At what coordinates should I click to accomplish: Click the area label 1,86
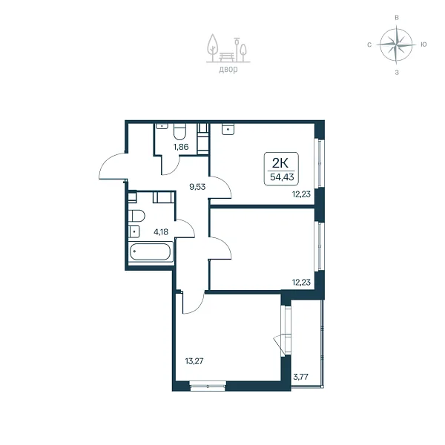(x=181, y=147)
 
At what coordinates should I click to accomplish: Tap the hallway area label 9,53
(x=197, y=187)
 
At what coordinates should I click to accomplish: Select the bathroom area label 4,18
(x=161, y=232)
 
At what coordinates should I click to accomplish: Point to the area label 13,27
(x=194, y=361)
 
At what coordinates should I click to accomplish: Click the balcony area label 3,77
(x=300, y=378)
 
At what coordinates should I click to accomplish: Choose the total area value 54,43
(x=282, y=177)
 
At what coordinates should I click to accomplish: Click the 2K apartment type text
(x=280, y=163)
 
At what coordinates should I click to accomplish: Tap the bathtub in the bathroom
(x=151, y=251)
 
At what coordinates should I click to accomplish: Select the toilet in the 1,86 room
(x=179, y=131)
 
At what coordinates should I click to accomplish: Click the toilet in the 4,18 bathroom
(x=136, y=216)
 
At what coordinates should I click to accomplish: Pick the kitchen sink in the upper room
(x=228, y=128)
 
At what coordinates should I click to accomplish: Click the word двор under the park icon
(x=228, y=69)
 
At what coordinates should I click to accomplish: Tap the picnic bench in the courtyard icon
(x=227, y=57)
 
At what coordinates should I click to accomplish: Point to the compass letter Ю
(x=423, y=44)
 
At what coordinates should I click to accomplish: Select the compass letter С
(x=369, y=44)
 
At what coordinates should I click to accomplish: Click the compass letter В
(x=397, y=17)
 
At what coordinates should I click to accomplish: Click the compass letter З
(x=397, y=73)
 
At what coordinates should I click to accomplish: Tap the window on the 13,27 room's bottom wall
(x=208, y=386)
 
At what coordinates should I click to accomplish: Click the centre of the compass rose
(x=396, y=44)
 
